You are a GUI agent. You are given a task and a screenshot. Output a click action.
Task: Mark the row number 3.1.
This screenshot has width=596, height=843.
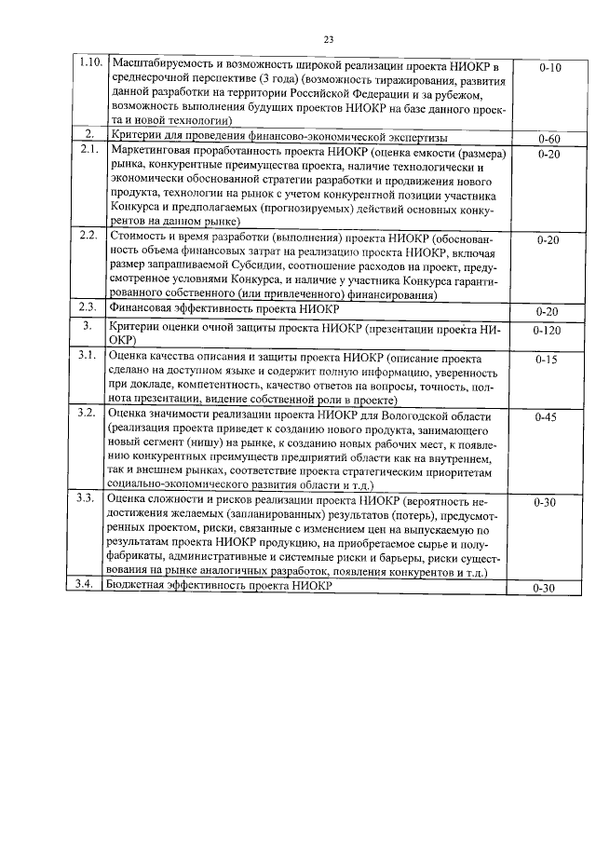pos(88,355)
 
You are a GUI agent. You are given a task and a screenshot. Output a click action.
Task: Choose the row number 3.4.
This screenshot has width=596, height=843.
pos(88,584)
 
